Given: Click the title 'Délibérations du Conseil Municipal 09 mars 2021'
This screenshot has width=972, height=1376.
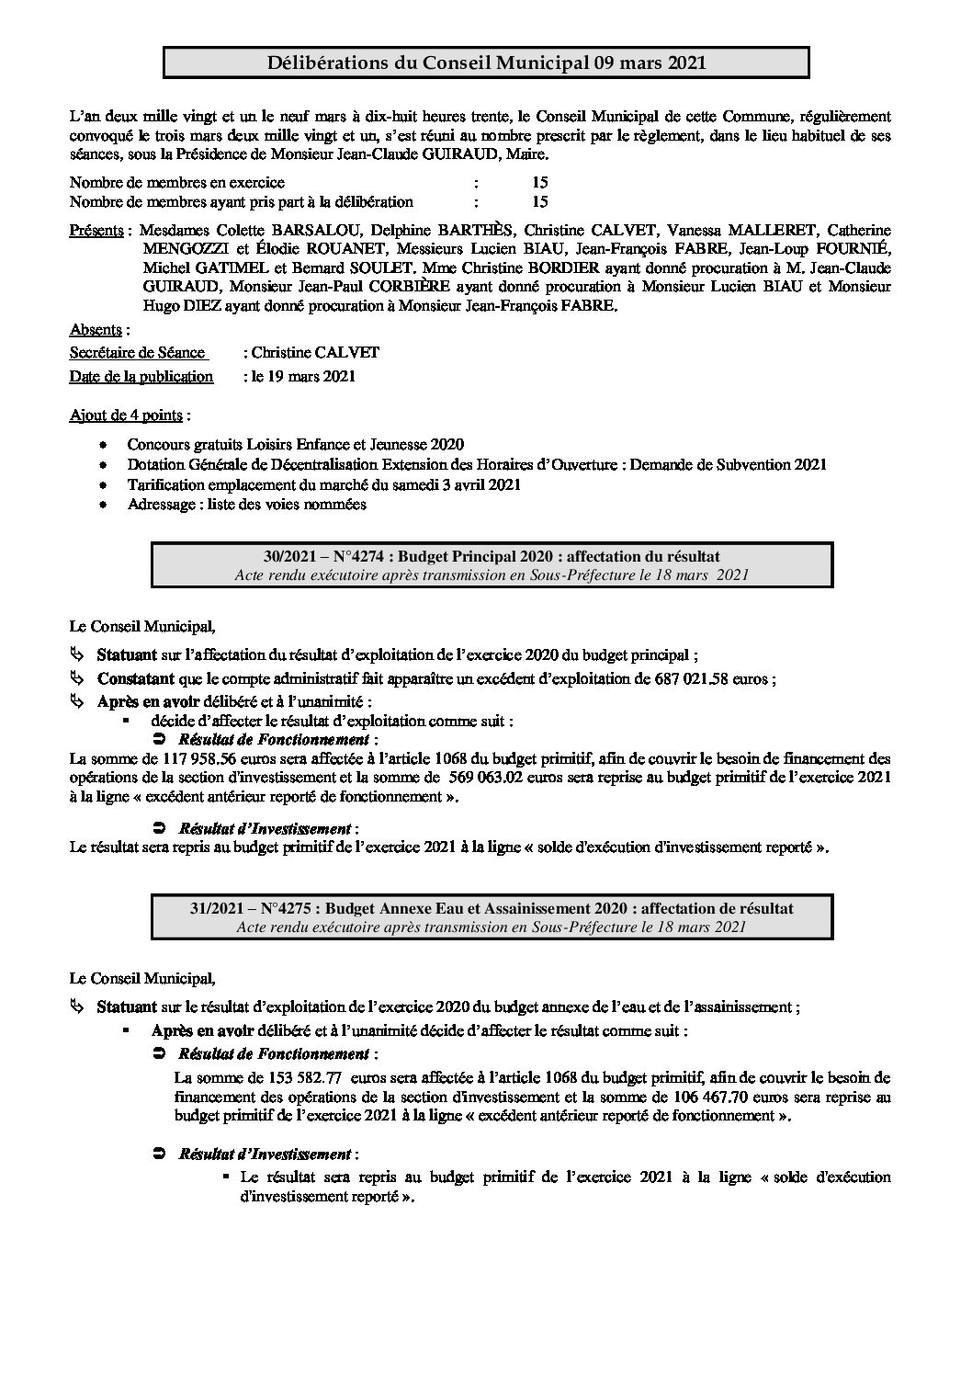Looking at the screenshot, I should click(x=486, y=63).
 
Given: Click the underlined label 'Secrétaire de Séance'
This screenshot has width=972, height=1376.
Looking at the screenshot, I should click(x=137, y=353).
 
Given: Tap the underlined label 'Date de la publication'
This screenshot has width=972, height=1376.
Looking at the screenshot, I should click(x=141, y=376).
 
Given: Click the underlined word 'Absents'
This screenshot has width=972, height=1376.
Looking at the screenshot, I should click(x=96, y=330).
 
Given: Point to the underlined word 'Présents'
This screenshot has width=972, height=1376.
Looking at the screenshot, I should click(x=96, y=230).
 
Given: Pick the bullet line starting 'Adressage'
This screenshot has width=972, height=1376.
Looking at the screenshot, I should click(x=246, y=505).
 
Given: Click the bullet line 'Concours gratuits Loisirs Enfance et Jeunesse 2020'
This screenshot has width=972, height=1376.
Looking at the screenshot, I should click(x=296, y=444).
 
